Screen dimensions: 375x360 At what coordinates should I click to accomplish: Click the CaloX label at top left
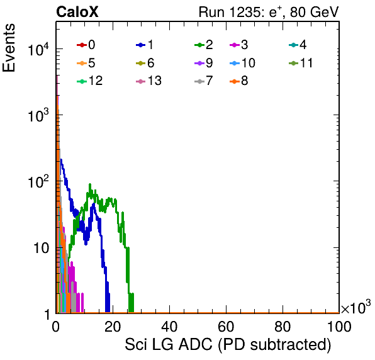tap(77, 12)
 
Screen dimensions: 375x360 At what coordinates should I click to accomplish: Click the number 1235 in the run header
tap(244, 12)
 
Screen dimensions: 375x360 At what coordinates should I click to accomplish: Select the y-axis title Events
tap(9, 48)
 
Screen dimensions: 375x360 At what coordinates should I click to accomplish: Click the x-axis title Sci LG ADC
tap(169, 344)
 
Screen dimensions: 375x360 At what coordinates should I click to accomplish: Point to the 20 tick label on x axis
tap(113, 327)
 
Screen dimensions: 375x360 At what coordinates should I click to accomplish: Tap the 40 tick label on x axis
tap(169, 327)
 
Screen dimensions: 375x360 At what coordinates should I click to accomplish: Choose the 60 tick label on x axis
tap(226, 327)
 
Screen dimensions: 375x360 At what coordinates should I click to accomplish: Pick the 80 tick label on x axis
tap(283, 327)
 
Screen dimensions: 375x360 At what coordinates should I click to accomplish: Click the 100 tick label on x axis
tap(339, 327)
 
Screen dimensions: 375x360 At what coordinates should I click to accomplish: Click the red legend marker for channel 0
tap(82, 45)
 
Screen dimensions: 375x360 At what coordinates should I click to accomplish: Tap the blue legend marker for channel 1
tap(141, 45)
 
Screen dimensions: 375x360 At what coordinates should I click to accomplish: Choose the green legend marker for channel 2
tap(199, 45)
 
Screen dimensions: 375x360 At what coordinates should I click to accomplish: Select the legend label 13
tap(155, 81)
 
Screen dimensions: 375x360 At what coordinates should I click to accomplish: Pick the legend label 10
tap(249, 63)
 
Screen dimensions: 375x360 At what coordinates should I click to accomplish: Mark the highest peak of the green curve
tap(90, 184)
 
